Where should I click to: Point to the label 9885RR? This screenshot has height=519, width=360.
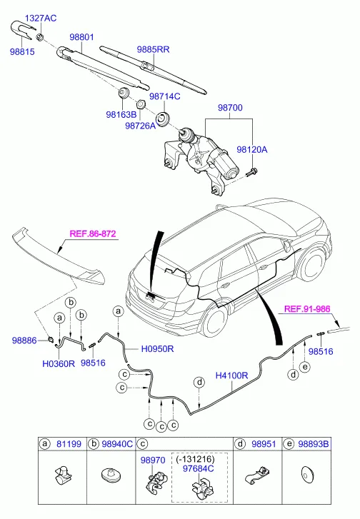[x=153, y=49]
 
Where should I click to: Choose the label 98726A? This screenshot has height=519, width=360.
[x=141, y=126]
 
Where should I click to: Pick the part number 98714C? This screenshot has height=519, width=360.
[x=164, y=96]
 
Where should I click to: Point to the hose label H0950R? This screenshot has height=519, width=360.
[x=159, y=349]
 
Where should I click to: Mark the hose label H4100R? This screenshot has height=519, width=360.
[x=231, y=374]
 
